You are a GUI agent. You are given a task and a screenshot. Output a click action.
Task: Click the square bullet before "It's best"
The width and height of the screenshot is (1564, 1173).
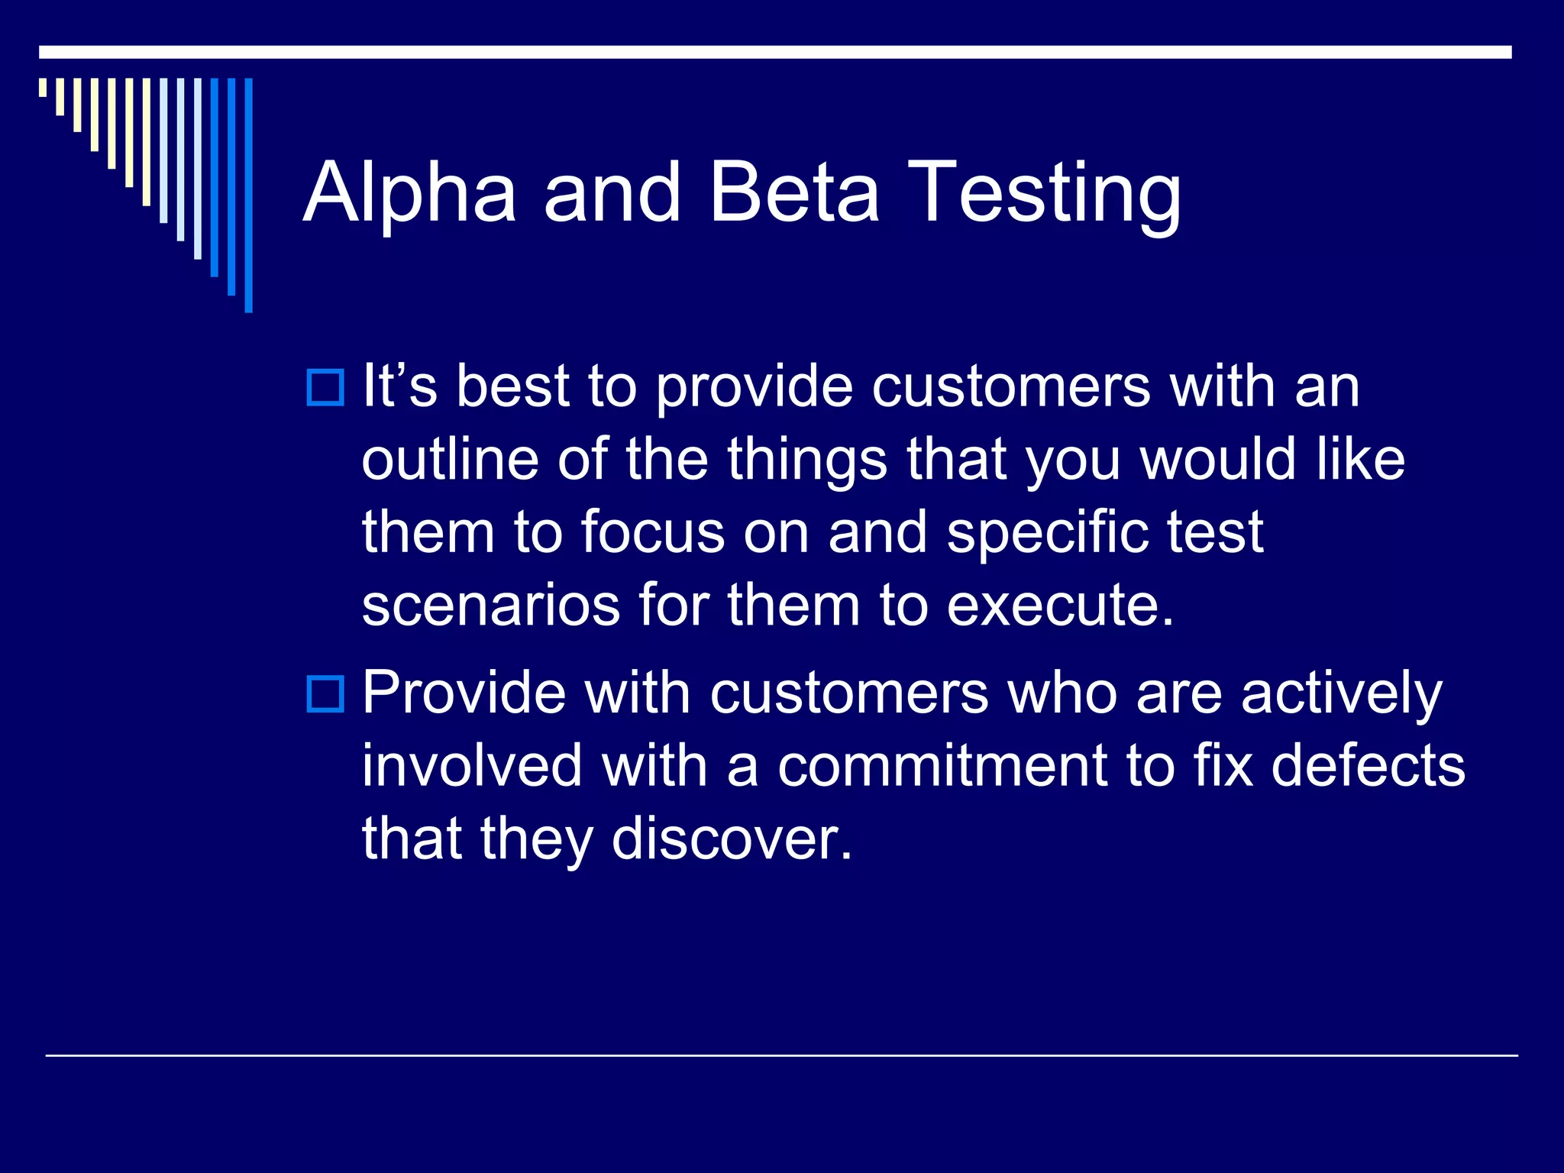[325, 387]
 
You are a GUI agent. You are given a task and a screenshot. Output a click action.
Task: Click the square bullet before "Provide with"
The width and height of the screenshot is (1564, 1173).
[325, 693]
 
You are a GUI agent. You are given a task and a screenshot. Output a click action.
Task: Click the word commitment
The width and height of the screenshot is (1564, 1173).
[942, 766]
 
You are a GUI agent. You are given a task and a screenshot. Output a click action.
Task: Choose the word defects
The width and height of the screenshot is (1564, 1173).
[1368, 766]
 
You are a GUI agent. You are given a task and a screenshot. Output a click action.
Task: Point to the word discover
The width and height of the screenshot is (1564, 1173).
[731, 839]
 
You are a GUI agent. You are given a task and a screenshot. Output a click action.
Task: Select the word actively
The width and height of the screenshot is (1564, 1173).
[1341, 695]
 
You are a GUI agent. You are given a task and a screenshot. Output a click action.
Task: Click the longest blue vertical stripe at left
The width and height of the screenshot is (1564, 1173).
[248, 195]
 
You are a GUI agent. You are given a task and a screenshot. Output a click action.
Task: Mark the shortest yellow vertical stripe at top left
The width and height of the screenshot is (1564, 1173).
[43, 87]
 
